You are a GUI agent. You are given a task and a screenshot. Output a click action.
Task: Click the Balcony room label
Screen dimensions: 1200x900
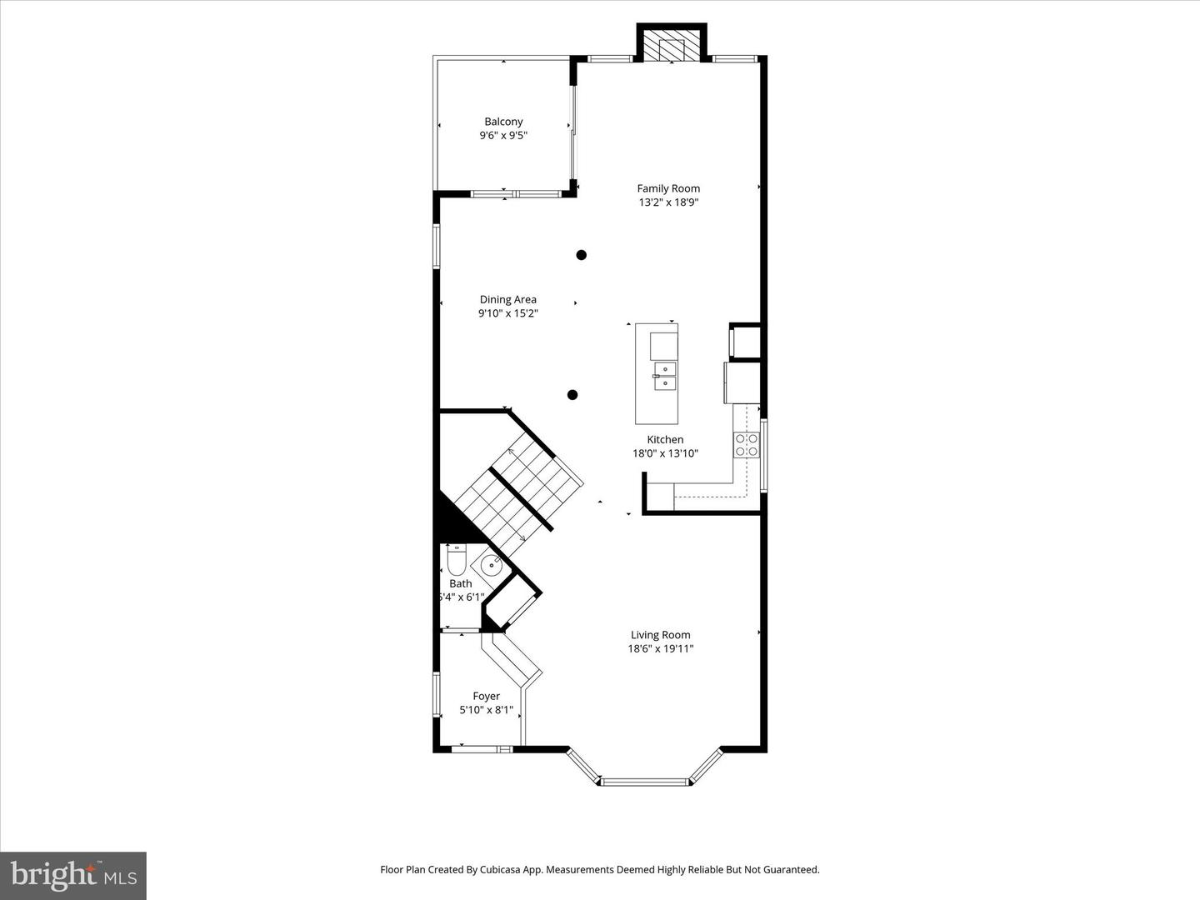(x=503, y=122)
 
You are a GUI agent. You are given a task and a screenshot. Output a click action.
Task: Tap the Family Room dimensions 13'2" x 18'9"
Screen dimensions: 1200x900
(x=668, y=202)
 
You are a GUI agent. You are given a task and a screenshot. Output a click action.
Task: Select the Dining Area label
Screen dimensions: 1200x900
(x=507, y=299)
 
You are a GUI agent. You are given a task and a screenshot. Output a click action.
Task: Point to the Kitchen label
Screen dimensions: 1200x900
(x=665, y=439)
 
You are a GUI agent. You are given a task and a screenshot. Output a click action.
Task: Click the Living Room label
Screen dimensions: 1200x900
(x=660, y=634)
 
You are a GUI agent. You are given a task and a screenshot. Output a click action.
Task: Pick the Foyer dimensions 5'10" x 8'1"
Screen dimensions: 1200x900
(x=486, y=710)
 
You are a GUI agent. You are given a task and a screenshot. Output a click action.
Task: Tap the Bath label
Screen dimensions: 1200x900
(x=460, y=583)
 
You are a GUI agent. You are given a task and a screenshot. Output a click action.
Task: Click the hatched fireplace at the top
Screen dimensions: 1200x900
(x=672, y=45)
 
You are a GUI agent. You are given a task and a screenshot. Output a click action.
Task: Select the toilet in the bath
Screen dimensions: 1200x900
(x=456, y=560)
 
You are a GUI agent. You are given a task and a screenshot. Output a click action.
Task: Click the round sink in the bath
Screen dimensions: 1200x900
(x=491, y=566)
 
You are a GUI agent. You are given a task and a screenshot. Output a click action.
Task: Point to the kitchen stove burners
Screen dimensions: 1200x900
(x=746, y=445)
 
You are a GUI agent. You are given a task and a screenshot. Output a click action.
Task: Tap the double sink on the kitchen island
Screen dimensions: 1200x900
(x=665, y=376)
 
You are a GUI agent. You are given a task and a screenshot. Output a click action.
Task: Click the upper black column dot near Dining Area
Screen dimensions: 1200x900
(x=581, y=255)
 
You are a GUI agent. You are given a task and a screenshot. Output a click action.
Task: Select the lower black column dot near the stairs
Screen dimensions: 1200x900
(x=572, y=394)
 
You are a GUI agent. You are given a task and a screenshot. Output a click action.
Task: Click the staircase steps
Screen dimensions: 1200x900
(x=518, y=494)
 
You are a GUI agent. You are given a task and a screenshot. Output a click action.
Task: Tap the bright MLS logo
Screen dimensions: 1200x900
(x=73, y=875)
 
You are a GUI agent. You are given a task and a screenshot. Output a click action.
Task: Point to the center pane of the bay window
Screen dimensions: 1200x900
(x=645, y=782)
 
